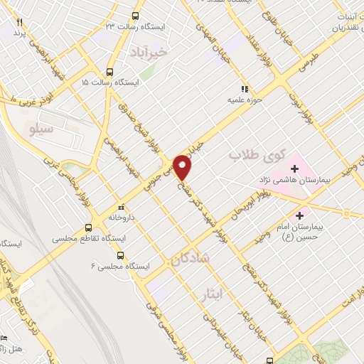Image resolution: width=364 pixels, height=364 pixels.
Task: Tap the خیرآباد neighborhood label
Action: [149, 52]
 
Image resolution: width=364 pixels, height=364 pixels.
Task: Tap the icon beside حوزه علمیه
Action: [245, 90]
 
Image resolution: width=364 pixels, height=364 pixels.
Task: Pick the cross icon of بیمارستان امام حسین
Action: [300, 214]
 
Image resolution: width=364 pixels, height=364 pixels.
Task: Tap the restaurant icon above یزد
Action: [20, 23]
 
